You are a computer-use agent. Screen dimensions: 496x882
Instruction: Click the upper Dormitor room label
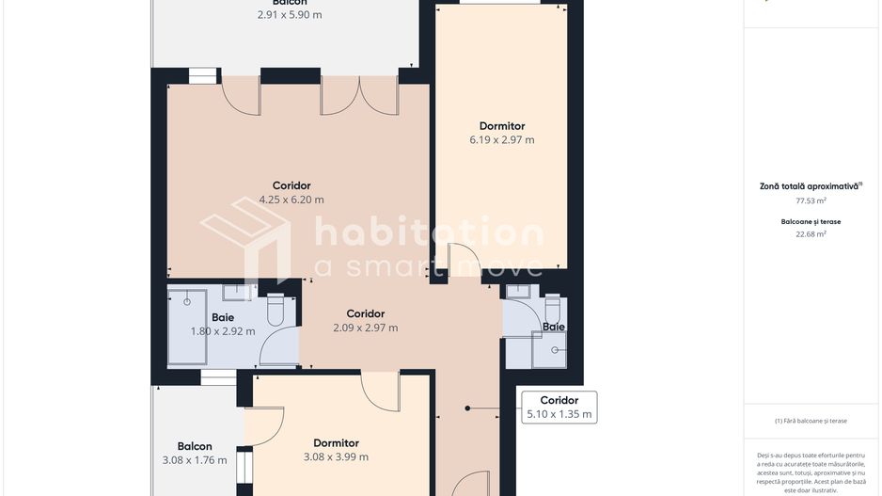click(x=502, y=126)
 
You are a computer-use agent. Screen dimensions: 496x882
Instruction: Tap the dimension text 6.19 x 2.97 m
click(x=502, y=140)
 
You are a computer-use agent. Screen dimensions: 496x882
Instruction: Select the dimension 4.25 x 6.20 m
click(x=291, y=200)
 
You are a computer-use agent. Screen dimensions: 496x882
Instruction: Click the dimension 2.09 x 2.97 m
click(x=365, y=328)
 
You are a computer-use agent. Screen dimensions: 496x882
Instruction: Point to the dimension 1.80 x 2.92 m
click(x=223, y=331)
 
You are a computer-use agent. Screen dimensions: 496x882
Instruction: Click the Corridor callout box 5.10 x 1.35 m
click(x=559, y=408)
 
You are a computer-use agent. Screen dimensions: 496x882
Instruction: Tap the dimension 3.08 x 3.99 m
click(x=336, y=457)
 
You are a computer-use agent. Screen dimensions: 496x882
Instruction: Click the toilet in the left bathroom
click(x=276, y=310)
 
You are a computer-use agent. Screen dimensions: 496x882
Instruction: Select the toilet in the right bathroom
click(x=552, y=308)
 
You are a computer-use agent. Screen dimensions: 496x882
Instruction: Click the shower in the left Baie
click(x=187, y=326)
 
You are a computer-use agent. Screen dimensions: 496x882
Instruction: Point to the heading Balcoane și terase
click(x=811, y=222)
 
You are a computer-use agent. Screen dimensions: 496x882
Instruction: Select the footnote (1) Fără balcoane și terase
click(x=811, y=421)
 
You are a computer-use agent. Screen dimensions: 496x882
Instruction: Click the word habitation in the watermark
click(x=428, y=233)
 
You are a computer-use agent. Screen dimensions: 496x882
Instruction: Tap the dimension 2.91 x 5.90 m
click(x=290, y=15)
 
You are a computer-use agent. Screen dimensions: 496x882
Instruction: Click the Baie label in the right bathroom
click(x=554, y=327)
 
